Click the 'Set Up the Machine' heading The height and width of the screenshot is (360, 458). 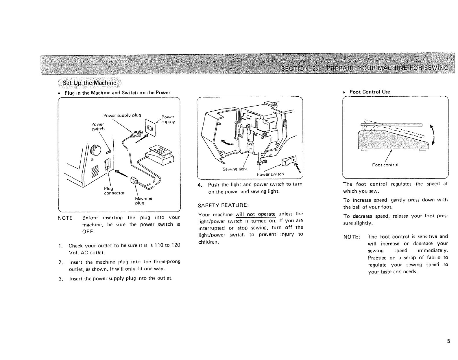(90, 83)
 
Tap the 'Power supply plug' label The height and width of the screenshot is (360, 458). (122, 115)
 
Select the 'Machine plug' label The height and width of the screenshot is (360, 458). (143, 201)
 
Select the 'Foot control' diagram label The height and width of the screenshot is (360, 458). (385, 165)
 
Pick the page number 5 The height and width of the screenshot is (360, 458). (448, 341)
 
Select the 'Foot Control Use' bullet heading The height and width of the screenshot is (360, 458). (370, 92)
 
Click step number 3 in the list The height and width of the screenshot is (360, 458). (60, 279)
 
